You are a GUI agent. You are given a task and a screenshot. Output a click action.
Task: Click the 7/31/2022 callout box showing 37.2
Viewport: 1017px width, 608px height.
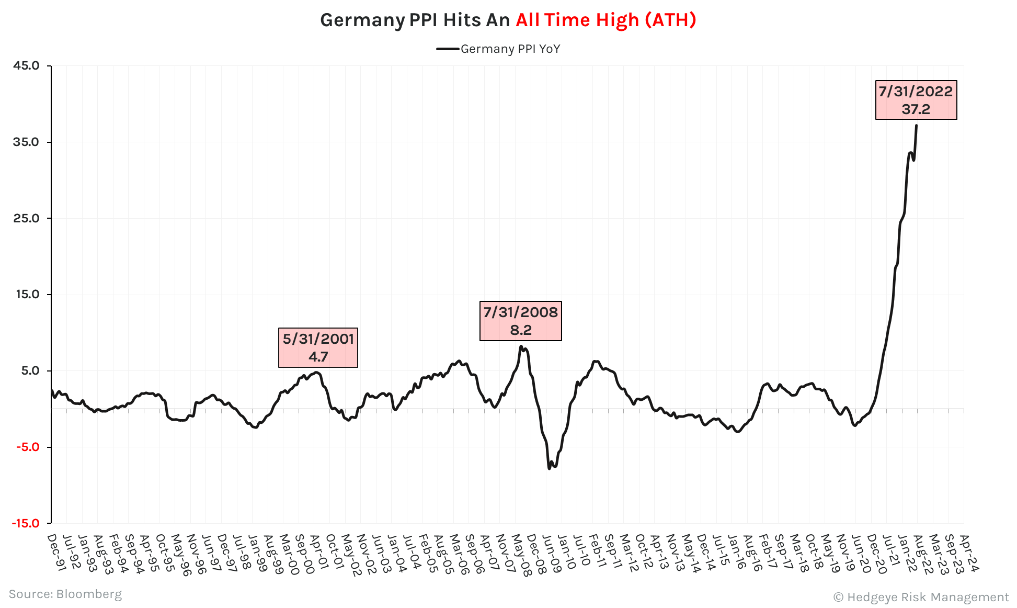click(916, 100)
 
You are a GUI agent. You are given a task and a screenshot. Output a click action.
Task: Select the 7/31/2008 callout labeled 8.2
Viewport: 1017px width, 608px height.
click(520, 321)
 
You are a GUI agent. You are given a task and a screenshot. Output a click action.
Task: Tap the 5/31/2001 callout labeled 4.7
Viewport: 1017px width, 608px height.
click(318, 347)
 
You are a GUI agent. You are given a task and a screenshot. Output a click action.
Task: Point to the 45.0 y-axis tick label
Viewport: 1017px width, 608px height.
click(26, 65)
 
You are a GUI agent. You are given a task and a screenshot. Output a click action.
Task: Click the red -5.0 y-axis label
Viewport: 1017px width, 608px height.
click(27, 447)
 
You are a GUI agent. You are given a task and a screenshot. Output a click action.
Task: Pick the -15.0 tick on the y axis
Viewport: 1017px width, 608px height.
click(26, 523)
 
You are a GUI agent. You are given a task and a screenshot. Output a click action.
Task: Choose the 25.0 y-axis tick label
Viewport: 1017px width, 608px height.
click(26, 218)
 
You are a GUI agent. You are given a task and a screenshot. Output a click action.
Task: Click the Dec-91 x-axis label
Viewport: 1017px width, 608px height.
click(55, 552)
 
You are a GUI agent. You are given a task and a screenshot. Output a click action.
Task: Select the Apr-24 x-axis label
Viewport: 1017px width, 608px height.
click(968, 553)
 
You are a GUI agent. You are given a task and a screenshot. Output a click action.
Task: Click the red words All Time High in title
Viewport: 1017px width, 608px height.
click(577, 20)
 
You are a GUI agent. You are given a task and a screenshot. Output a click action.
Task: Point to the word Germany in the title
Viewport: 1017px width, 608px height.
click(362, 20)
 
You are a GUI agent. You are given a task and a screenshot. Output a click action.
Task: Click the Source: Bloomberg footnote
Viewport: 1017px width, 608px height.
click(65, 594)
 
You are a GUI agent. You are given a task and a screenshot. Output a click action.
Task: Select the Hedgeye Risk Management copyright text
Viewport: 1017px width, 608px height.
click(921, 597)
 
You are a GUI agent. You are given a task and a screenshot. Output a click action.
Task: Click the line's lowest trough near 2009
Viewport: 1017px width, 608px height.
click(549, 468)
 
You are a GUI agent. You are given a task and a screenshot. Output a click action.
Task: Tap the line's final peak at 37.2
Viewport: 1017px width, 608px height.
click(916, 126)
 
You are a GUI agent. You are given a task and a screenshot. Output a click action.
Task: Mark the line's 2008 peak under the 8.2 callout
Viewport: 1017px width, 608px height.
click(521, 346)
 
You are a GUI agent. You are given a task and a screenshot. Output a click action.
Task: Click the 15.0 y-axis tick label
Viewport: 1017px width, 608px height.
click(27, 294)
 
